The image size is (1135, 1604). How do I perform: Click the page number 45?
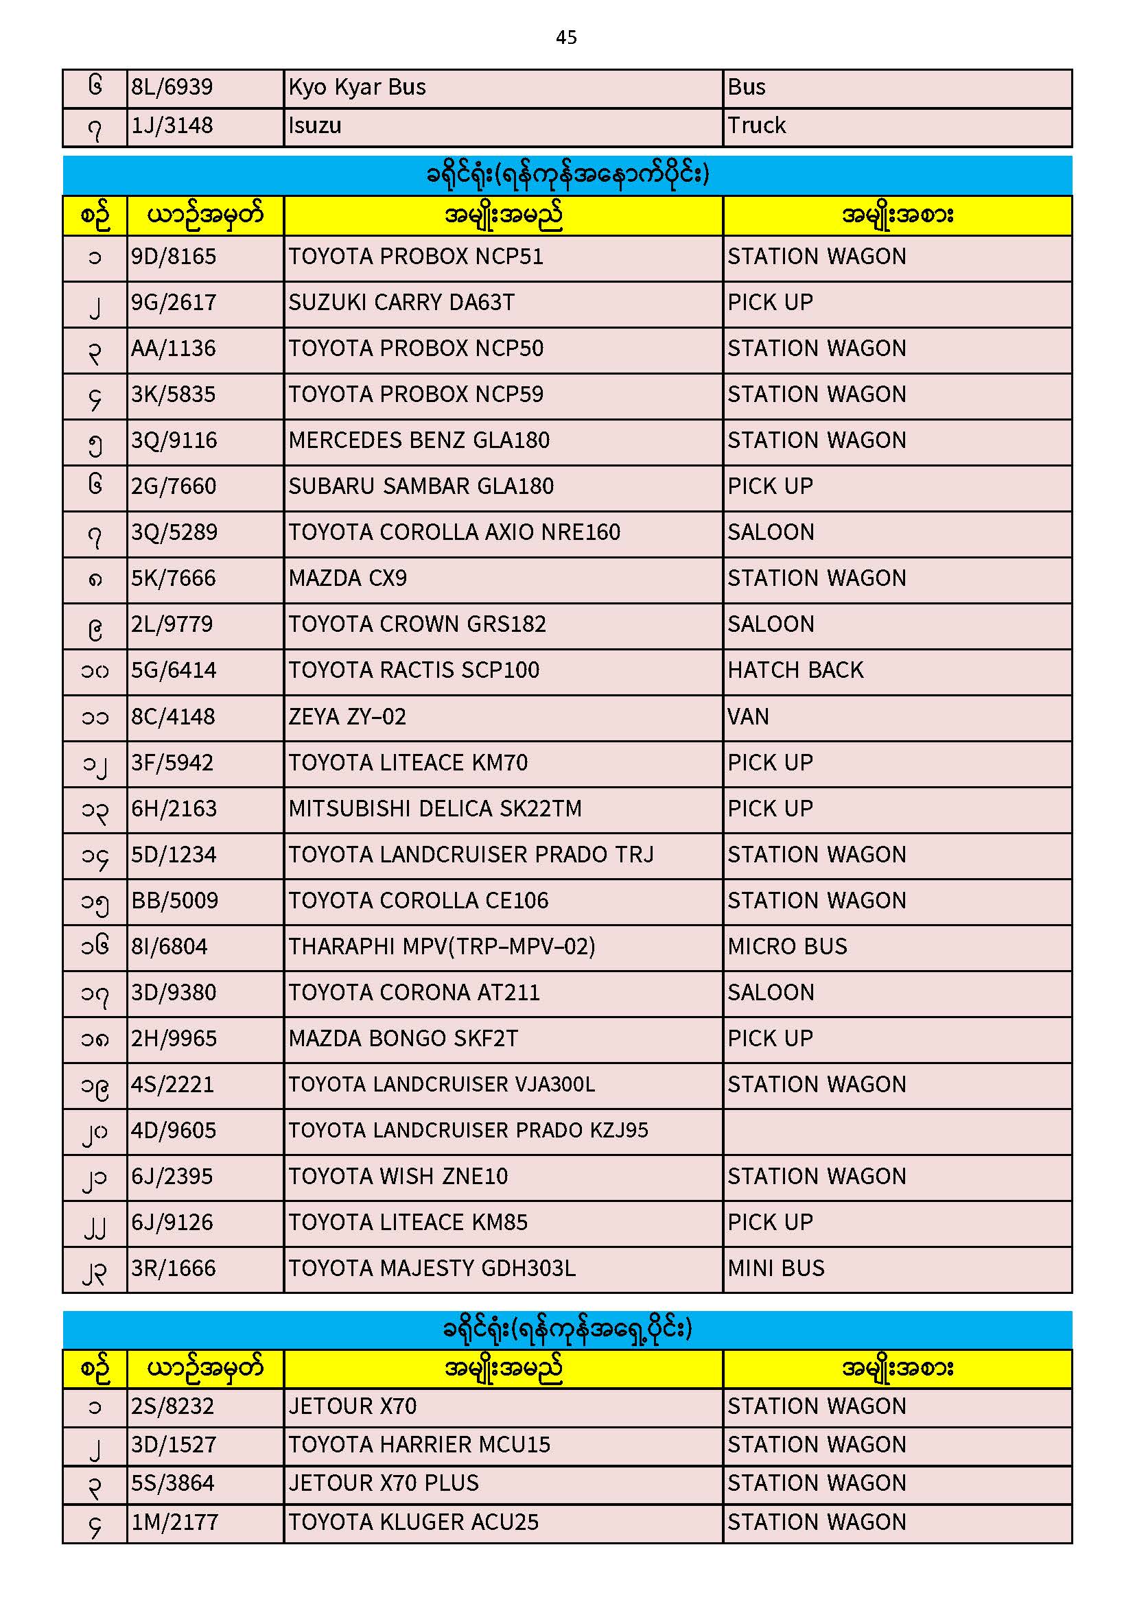pos(566,37)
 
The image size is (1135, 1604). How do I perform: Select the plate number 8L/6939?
pos(172,87)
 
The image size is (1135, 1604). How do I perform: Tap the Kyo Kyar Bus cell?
pos(357,87)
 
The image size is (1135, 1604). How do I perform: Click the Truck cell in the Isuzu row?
pos(756,126)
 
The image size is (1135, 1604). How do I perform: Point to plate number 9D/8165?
pos(174,257)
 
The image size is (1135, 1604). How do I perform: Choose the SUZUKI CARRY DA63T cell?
pos(401,303)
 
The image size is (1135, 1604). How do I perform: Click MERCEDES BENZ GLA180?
pos(419,441)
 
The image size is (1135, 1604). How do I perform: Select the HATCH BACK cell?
pos(795,671)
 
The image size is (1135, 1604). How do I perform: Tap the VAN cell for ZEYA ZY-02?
pos(748,717)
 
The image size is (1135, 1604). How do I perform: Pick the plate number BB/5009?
pos(175,901)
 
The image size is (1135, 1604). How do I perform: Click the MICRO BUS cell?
pos(787,947)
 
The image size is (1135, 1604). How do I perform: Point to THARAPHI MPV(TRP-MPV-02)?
pos(442,947)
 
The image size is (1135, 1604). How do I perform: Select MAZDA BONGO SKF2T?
pos(403,1039)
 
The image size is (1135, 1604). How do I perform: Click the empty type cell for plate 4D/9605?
pos(897,1131)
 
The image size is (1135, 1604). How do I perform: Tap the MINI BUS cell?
pos(776,1269)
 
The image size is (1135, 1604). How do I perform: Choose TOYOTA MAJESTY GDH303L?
pos(432,1269)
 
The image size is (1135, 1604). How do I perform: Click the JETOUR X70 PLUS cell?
pos(384,1483)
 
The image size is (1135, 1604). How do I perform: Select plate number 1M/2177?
pos(175,1522)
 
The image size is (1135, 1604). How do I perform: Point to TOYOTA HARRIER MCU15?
pos(419,1445)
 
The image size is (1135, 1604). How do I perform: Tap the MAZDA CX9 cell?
pos(347,578)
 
